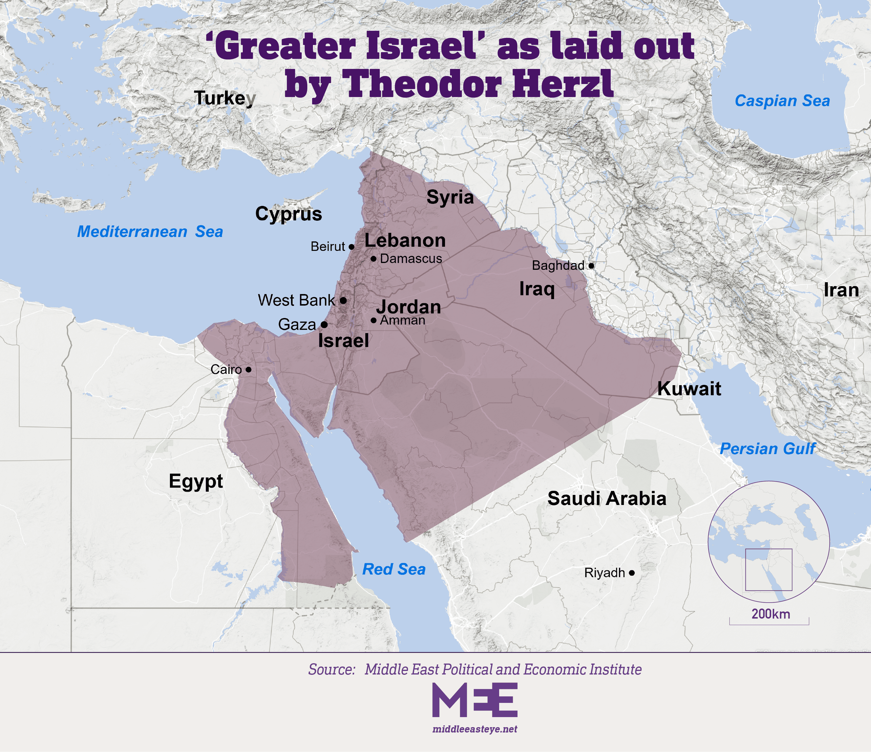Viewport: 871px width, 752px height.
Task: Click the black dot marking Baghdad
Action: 591,266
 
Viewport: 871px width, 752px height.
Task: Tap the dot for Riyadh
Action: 631,573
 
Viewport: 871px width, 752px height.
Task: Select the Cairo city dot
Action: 248,370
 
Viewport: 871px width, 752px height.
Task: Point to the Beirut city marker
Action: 351,247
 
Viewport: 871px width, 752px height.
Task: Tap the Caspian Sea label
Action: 782,101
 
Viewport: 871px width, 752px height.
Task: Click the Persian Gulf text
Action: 768,449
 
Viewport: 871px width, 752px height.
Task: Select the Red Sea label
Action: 394,569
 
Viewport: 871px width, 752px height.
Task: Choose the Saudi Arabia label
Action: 607,499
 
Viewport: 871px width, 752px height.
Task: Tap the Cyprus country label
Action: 288,214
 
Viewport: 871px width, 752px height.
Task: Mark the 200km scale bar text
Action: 771,614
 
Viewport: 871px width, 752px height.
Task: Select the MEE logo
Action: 475,700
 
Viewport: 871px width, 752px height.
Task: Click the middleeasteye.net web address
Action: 475,729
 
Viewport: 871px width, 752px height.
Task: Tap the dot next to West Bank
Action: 343,300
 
